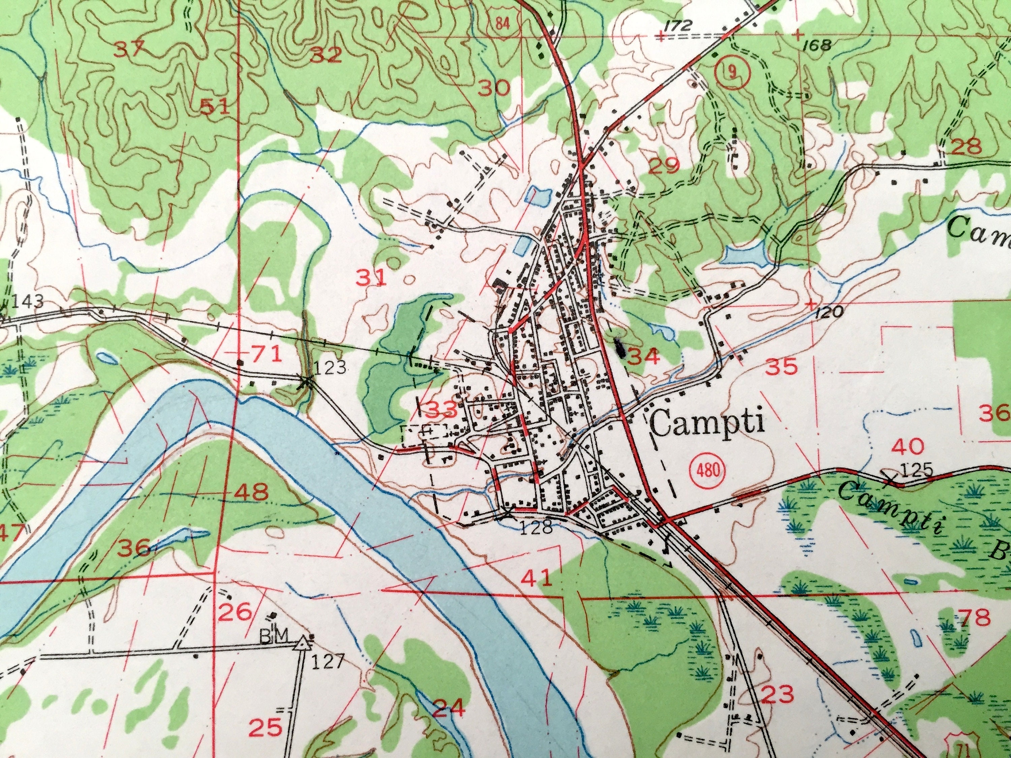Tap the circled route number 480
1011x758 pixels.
point(706,470)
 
